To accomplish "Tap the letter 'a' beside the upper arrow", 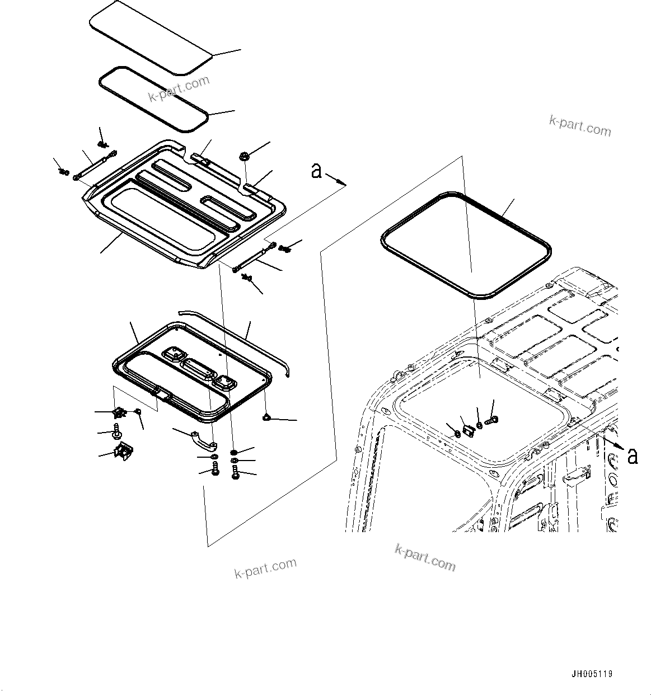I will pos(317,171).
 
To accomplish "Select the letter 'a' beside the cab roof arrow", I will pos(632,456).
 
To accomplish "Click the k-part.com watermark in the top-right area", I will pos(580,126).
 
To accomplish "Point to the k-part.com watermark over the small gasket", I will pos(179,88).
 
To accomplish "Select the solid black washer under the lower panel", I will pos(234,452).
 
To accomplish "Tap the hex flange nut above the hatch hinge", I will pos(245,157).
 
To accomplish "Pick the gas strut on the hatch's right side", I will pos(254,256).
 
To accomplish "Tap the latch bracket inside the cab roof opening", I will pos(468,429).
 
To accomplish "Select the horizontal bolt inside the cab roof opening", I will pos(493,420).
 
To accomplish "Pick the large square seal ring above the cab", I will pos(466,244).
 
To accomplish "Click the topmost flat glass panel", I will pos(151,36).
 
